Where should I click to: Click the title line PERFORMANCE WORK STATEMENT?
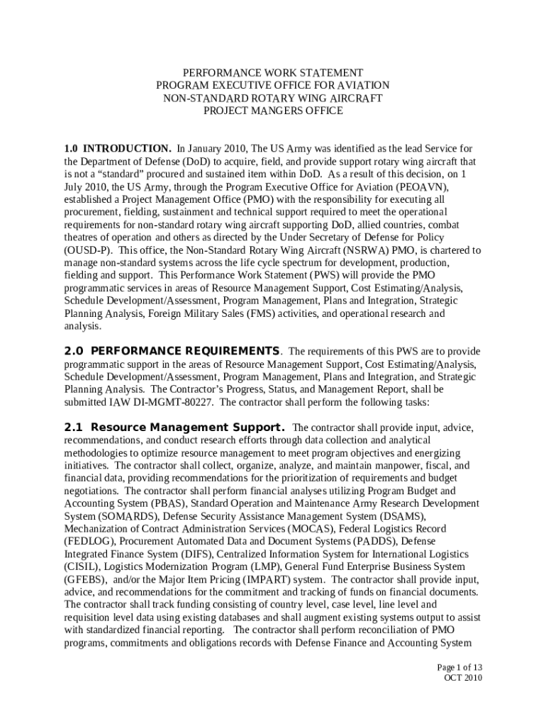pos(273,73)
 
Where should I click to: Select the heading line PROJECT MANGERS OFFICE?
pos(273,111)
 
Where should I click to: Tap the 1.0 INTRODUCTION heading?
pos(118,149)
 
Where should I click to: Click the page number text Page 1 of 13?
pos(459,667)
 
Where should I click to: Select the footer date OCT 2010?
pos(463,678)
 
